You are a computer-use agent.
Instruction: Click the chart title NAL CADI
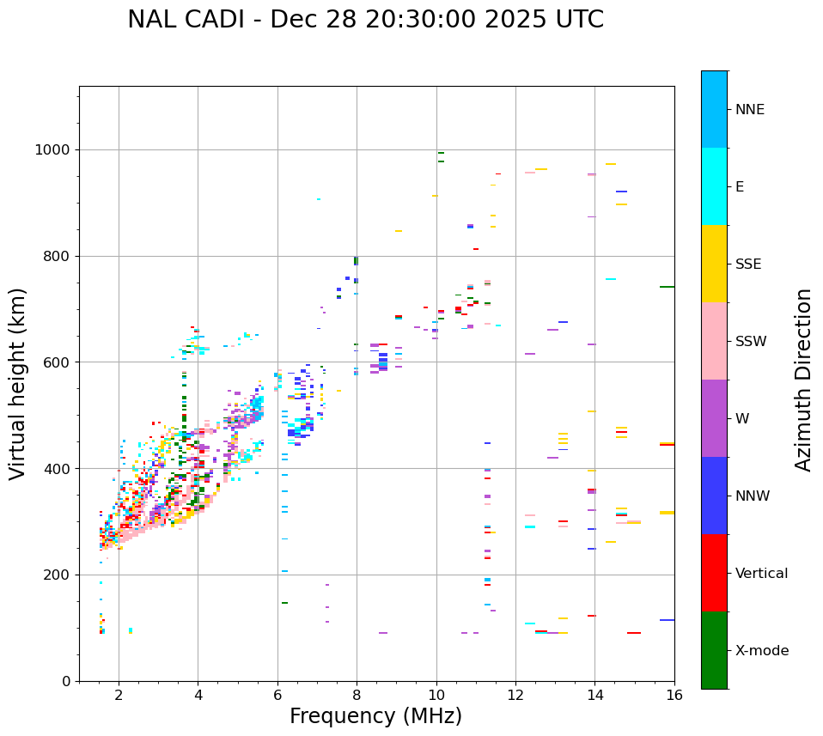365,20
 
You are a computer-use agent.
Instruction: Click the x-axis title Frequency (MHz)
375,716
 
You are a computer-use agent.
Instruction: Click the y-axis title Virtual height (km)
18,384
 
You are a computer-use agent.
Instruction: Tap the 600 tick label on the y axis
57,362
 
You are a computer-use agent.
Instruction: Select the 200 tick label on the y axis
57,575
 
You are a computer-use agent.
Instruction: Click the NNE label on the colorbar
749,110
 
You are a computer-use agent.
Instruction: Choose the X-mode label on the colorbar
761,651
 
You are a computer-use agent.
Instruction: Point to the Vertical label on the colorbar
761,574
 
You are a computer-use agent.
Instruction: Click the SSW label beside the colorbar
751,342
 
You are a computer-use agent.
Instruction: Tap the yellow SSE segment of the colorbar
714,264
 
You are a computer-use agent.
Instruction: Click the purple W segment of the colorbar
714,418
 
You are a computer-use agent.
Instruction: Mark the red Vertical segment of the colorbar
714,573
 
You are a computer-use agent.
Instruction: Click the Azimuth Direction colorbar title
804,380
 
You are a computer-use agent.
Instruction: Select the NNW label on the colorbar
753,496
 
